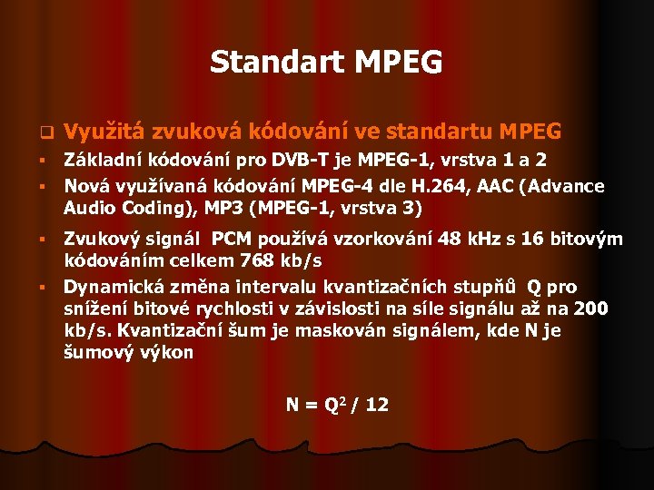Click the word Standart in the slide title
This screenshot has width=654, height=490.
tap(272, 62)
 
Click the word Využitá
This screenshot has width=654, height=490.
tap(107, 132)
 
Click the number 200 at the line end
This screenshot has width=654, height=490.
tap(592, 309)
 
